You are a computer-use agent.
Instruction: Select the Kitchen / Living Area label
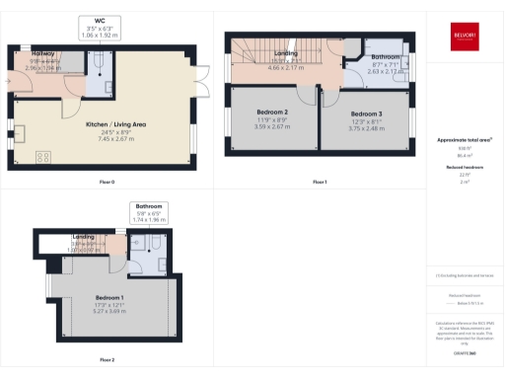point(116,124)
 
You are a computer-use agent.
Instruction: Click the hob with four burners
point(43,156)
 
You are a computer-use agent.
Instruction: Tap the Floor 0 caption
point(107,183)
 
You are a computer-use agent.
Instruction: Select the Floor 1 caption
point(319,183)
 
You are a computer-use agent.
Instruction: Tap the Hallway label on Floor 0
point(43,52)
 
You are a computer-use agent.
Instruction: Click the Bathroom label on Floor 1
point(358,58)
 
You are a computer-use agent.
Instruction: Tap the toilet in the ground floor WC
point(103,61)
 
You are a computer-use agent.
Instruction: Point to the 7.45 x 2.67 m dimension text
point(116,139)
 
